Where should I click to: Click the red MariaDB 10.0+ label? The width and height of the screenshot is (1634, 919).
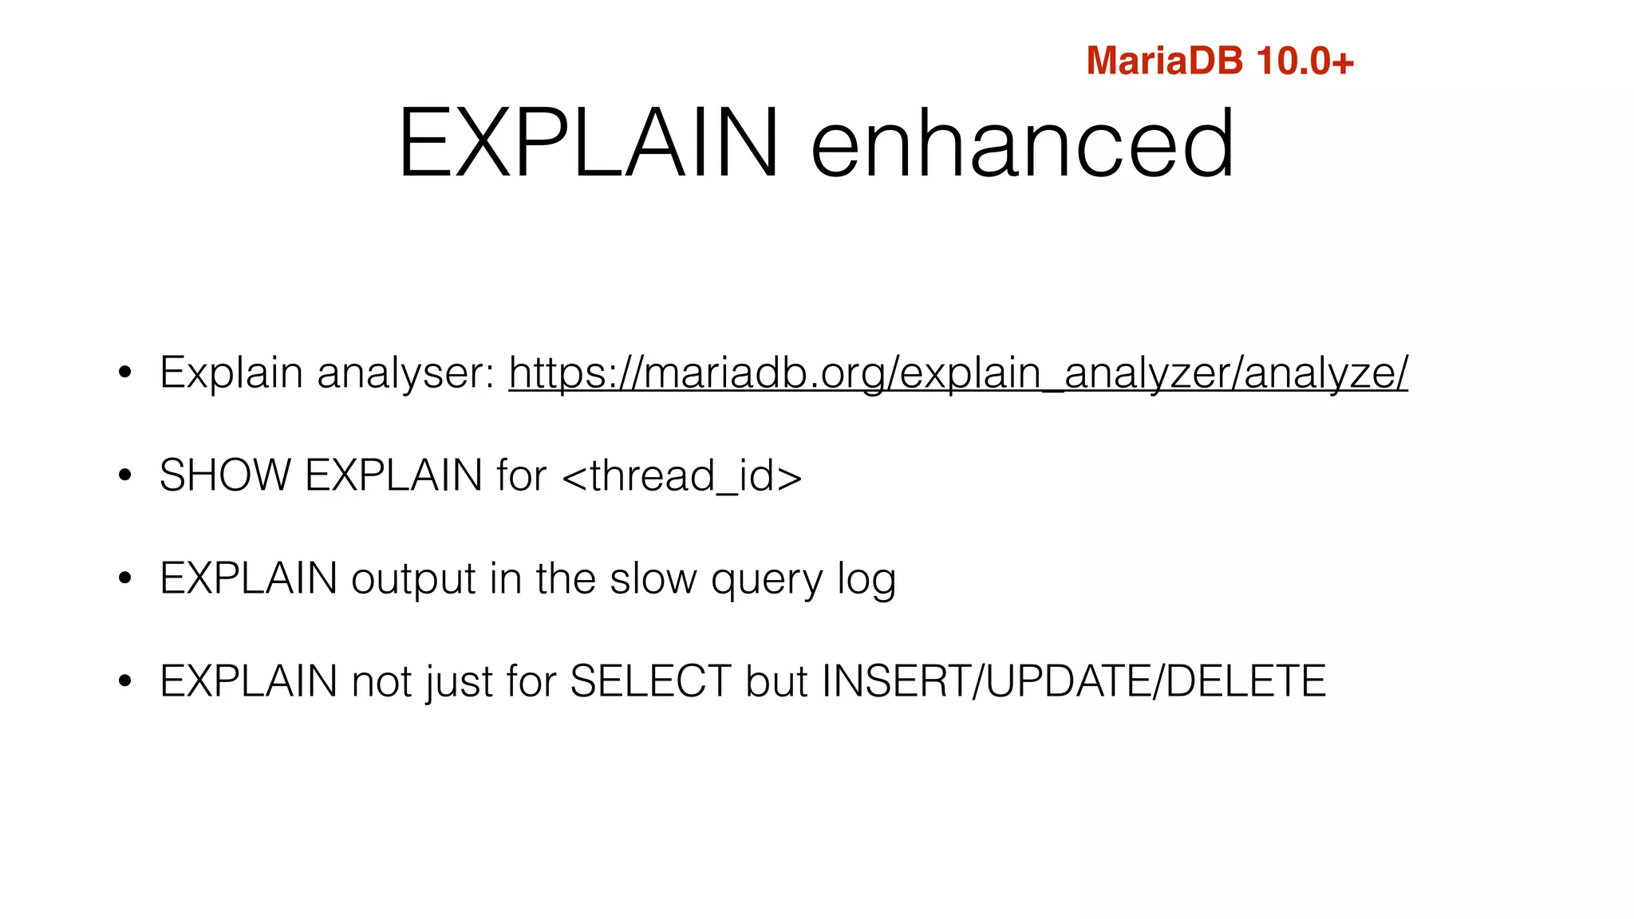click(x=1219, y=61)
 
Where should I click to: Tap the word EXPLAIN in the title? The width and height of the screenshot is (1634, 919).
click(x=588, y=144)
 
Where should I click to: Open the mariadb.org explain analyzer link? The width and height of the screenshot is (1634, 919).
click(x=958, y=373)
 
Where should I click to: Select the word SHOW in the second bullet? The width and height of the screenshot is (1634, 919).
click(x=225, y=475)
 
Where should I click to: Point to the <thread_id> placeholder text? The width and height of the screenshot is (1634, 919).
click(x=682, y=476)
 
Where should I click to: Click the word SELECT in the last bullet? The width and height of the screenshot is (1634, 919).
click(x=650, y=681)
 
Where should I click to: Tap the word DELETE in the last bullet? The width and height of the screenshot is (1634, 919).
click(x=1245, y=681)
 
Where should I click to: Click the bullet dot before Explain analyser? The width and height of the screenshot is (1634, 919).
click(x=124, y=373)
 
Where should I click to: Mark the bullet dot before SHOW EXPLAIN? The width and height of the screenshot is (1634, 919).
click(x=124, y=475)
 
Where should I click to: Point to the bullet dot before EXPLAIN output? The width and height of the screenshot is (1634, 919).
click(x=124, y=578)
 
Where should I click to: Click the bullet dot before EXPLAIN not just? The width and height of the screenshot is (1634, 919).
click(x=124, y=681)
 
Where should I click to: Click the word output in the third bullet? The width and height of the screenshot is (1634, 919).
click(x=413, y=580)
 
